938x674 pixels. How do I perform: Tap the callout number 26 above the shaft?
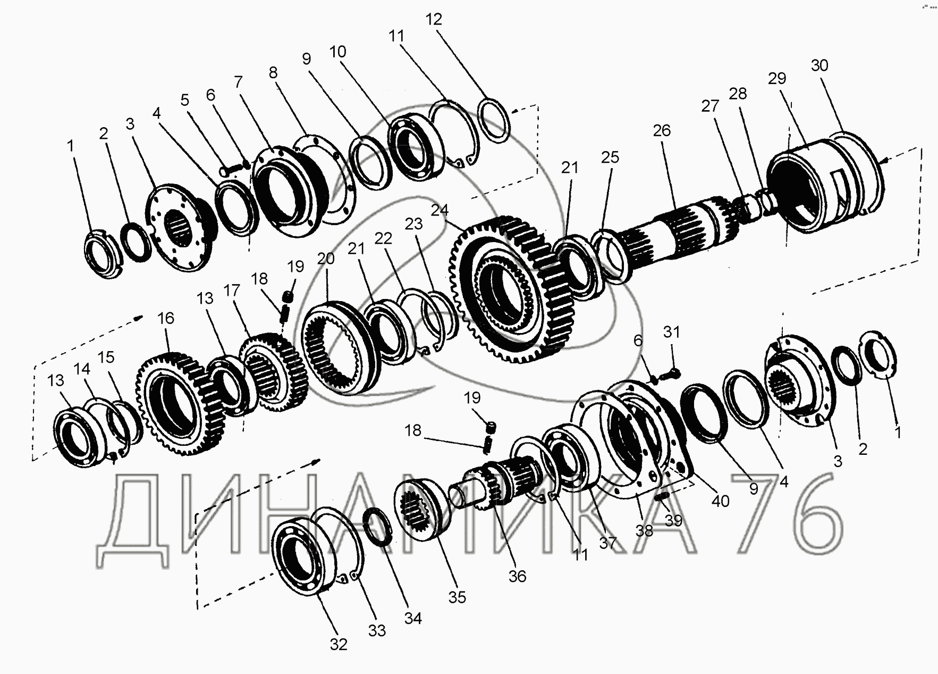pyautogui.click(x=662, y=131)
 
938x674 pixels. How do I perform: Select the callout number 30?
pyautogui.click(x=819, y=65)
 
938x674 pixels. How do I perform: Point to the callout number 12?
pyautogui.click(x=434, y=19)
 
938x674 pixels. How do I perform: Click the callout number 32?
pyautogui.click(x=339, y=644)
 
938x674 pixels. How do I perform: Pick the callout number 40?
pyautogui.click(x=721, y=501)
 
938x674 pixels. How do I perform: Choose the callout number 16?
pyautogui.click(x=166, y=318)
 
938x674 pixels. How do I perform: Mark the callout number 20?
pyautogui.click(x=326, y=259)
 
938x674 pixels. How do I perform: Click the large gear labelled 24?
pyautogui.click(x=505, y=290)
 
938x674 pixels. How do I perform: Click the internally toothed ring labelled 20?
pyautogui.click(x=340, y=348)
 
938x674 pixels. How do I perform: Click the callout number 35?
pyautogui.click(x=457, y=597)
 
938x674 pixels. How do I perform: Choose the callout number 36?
pyautogui.click(x=517, y=576)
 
